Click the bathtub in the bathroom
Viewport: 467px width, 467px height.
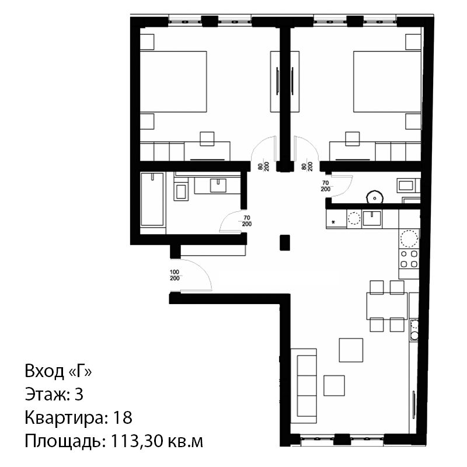pos(152,200)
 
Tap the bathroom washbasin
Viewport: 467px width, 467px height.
pos(218,186)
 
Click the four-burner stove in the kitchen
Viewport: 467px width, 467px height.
pos(409,259)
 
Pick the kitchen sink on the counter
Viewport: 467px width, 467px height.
pos(371,219)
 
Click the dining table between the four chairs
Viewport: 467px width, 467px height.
pos(387,306)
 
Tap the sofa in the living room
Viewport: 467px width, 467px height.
pos(304,386)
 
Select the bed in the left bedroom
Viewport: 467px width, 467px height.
pos(173,82)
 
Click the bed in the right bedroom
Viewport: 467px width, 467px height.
pos(387,82)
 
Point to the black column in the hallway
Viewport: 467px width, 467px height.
pos(285,242)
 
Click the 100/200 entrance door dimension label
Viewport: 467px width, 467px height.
pos(175,275)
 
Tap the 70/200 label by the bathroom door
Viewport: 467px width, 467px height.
pos(246,221)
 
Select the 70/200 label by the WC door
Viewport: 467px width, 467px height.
pos(326,186)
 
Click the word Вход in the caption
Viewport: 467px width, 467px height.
pos(44,371)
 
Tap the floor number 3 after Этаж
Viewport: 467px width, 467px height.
pos(79,394)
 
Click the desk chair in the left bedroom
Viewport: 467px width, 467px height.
pos(207,139)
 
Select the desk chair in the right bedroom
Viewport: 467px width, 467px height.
pos(353,139)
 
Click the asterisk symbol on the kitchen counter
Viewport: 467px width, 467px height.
pos(333,222)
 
